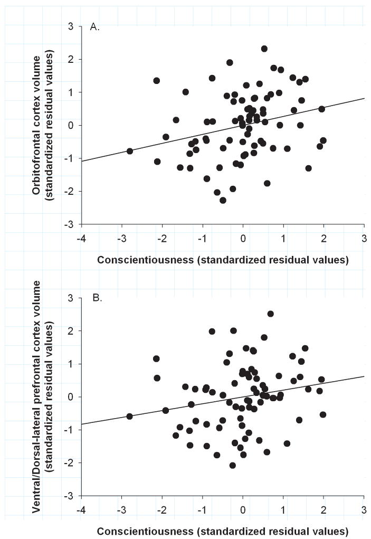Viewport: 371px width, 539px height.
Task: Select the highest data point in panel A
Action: (264, 49)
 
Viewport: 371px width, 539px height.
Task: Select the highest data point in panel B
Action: (271, 314)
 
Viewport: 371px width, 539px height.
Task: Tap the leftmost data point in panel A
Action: (130, 151)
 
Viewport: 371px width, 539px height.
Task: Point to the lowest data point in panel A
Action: (223, 200)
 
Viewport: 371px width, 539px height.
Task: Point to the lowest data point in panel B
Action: (232, 465)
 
